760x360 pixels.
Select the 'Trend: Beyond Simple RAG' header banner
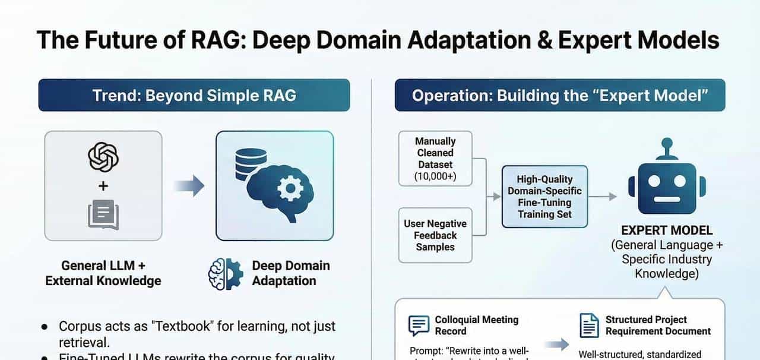click(194, 95)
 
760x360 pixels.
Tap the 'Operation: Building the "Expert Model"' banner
click(559, 95)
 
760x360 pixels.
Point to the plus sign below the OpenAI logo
click(103, 187)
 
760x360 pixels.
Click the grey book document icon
click(103, 214)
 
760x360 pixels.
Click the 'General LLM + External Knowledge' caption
click(103, 273)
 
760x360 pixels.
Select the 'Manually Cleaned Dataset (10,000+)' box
click(435, 159)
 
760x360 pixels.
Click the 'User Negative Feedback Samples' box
click(435, 235)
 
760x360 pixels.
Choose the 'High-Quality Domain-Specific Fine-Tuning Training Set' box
click(544, 197)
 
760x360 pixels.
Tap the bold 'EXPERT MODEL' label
click(666, 230)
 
